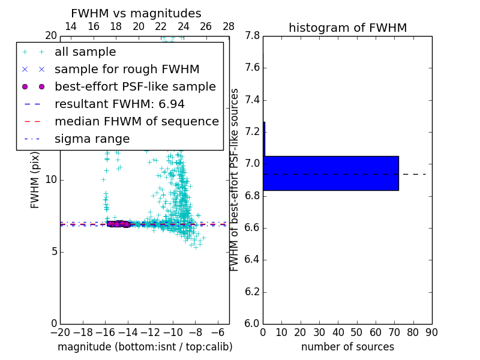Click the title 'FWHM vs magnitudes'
click(136, 13)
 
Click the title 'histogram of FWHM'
click(347, 28)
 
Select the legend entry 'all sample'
click(85, 52)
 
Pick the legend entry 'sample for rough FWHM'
click(127, 70)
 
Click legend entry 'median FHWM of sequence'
click(136, 122)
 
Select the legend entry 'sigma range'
click(92, 139)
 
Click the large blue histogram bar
click(331, 173)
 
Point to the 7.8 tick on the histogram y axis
click(252, 35)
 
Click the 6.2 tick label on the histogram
click(252, 292)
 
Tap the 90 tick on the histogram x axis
click(431, 332)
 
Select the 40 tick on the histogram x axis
click(338, 332)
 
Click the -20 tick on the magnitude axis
click(60, 332)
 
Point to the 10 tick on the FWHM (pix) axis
click(50, 180)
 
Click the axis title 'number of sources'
click(347, 347)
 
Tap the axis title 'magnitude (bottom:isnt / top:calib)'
click(145, 347)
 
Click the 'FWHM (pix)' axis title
click(35, 180)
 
